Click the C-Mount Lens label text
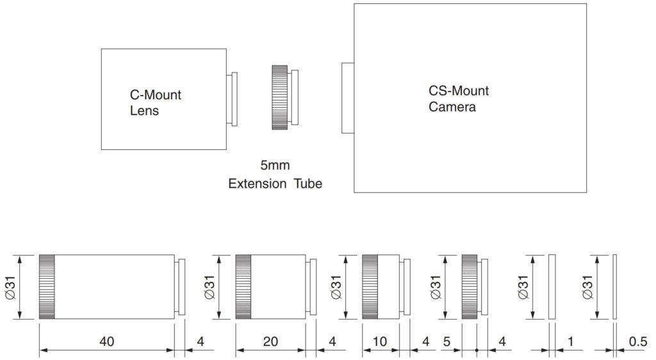155,102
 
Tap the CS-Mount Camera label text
458,99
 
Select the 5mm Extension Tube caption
275,175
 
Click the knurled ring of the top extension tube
279,97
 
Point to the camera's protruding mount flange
347,98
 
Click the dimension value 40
106,342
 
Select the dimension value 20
270,342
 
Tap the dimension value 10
379,342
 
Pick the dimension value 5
447,342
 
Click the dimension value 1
570,342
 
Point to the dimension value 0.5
638,342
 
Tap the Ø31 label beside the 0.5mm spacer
587,286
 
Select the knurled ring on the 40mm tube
46,286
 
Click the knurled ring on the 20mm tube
243,286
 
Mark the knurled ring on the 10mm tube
370,286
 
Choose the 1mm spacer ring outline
552,286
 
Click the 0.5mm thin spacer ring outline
614,286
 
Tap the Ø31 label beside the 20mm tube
210,286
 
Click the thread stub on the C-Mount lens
232,99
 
